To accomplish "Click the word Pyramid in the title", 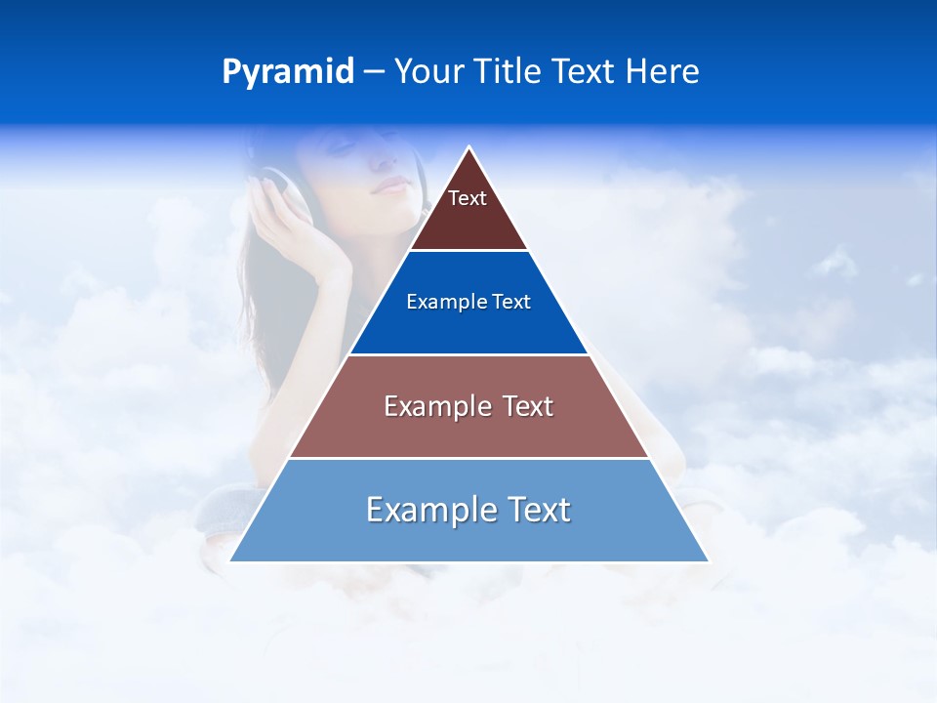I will click(x=287, y=72).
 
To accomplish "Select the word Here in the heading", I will click(x=663, y=71).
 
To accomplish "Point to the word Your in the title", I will click(x=430, y=71).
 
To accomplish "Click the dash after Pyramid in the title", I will click(x=374, y=72).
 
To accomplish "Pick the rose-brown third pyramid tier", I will click(x=468, y=430).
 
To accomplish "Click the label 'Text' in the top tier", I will click(x=468, y=198).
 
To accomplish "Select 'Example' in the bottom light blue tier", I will click(x=414, y=510).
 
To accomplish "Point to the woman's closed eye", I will click(x=343, y=147).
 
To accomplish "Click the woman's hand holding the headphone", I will click(x=312, y=244).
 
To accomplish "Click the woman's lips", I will click(x=388, y=186).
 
